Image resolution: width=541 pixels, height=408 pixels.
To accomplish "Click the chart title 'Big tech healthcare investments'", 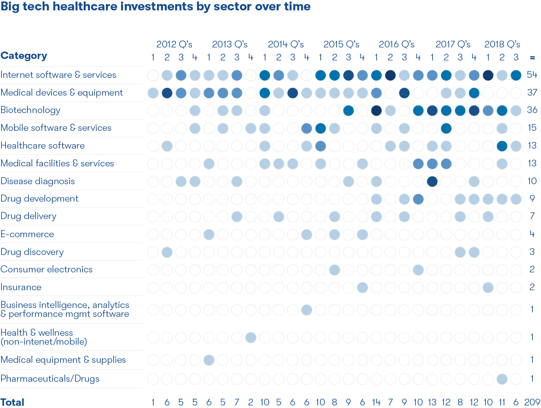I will [156, 7].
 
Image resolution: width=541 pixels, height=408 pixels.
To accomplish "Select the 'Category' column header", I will [24, 56].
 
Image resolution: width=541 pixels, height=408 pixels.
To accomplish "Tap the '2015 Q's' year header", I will [341, 44].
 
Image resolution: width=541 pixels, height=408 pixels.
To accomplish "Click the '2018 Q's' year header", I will [502, 44].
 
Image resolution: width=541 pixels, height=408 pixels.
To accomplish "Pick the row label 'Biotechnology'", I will [30, 110].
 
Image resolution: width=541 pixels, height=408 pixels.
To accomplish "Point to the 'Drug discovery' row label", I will [32, 252].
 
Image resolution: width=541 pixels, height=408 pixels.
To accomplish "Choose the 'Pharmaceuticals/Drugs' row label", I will [50, 379].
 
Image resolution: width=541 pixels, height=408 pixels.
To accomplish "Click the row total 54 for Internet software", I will [532, 75].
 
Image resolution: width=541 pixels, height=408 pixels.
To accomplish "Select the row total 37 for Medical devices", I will [532, 93].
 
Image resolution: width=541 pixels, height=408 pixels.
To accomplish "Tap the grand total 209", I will [532, 402].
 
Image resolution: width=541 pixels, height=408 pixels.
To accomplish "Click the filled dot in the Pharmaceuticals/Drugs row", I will [502, 379].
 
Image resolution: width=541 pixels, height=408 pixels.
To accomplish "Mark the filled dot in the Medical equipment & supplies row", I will [209, 360].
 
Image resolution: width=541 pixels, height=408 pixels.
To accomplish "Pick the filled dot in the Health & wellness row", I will [251, 338].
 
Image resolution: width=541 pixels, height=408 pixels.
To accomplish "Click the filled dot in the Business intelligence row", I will [307, 309].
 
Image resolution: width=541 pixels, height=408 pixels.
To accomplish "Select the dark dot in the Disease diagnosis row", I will [432, 181].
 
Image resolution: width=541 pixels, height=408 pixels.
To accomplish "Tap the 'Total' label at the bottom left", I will [13, 402].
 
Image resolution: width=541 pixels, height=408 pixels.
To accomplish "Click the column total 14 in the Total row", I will [376, 402].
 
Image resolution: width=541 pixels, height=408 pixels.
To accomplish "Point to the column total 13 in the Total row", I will [432, 402].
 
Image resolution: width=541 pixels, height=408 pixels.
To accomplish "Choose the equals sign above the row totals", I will [532, 58].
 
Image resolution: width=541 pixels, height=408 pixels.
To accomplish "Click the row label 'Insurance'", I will [21, 287].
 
